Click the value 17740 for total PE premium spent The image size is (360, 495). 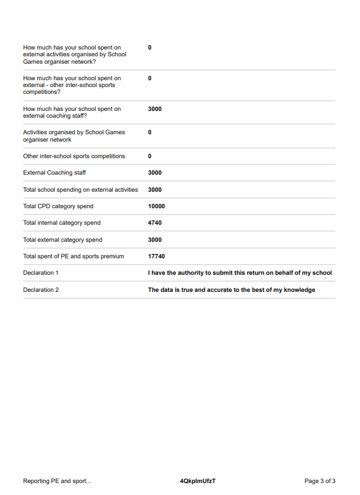[x=156, y=257]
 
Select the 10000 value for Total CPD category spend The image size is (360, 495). [x=156, y=207]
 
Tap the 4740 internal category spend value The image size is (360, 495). [x=155, y=223]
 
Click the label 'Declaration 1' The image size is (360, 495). [x=41, y=273]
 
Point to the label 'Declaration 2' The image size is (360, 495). [x=41, y=290]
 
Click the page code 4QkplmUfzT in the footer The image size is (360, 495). [x=198, y=481]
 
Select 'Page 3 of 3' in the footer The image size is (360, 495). [x=320, y=481]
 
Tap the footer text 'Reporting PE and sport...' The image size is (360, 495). [x=57, y=481]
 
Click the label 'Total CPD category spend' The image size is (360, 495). [x=58, y=207]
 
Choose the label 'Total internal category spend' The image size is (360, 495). [x=61, y=223]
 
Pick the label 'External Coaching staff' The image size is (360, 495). [x=55, y=173]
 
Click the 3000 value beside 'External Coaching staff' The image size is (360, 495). [x=155, y=173]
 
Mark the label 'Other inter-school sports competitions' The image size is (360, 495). [x=74, y=156]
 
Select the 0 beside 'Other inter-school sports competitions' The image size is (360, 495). [x=150, y=156]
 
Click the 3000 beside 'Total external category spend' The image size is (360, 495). [x=155, y=240]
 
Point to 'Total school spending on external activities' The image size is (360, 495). [x=80, y=190]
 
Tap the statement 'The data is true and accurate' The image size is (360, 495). [x=231, y=290]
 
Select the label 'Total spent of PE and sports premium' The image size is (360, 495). [x=73, y=257]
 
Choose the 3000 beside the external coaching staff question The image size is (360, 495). [x=155, y=109]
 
